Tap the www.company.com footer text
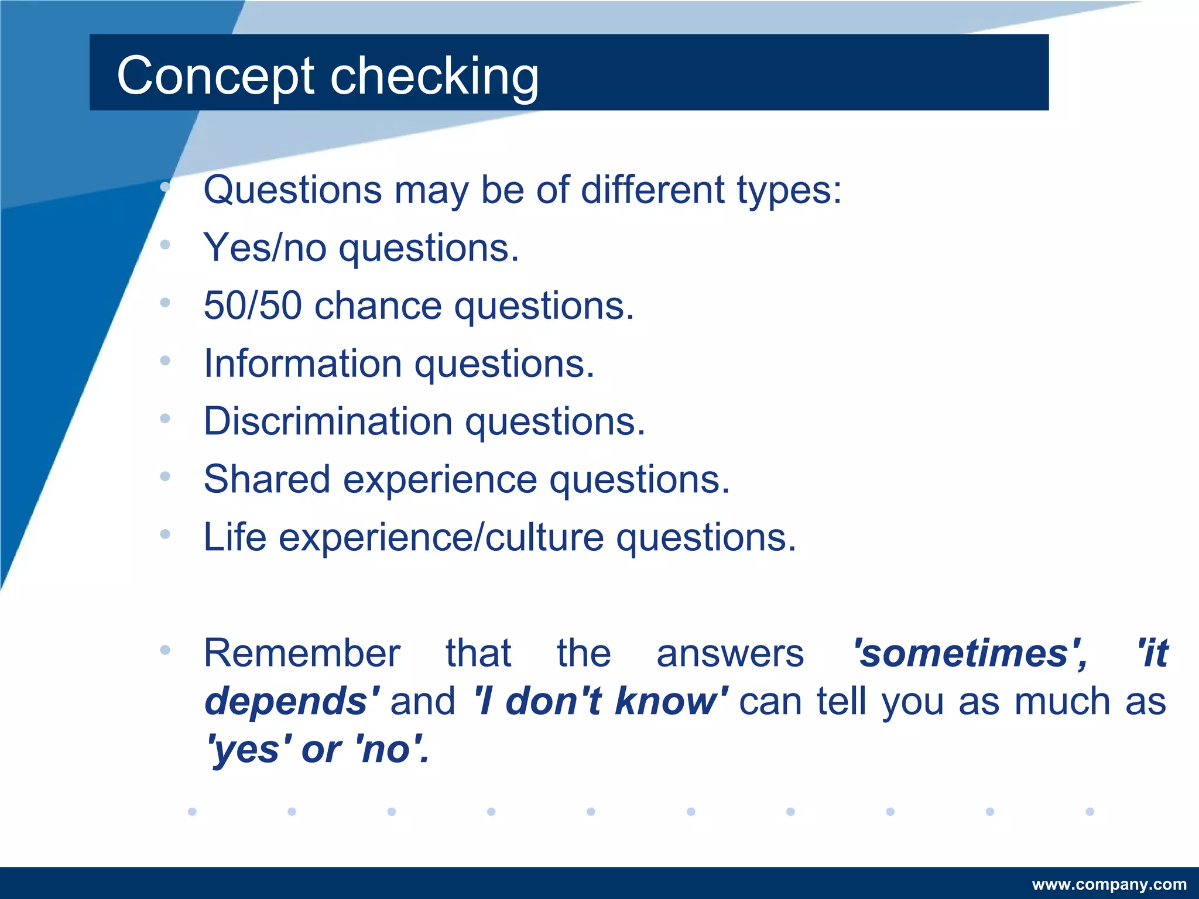coord(1109,884)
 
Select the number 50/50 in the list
coord(252,306)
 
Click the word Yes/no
coord(265,248)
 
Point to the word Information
coord(302,363)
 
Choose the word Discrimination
coord(328,421)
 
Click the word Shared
coord(266,479)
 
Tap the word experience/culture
coord(441,537)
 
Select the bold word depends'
coord(292,701)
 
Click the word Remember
coord(302,653)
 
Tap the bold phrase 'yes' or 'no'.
coord(317,749)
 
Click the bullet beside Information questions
coord(165,361)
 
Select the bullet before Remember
coord(165,650)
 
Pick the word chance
coord(378,306)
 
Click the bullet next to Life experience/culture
coord(165,534)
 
